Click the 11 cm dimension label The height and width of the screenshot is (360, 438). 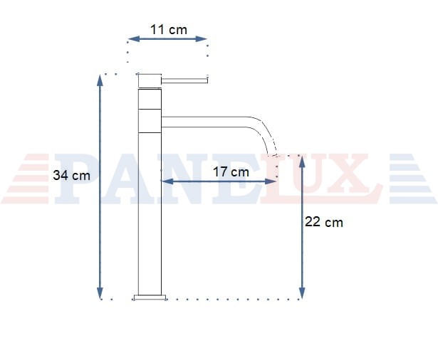[x=169, y=30]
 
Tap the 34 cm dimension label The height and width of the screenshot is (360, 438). [x=71, y=176]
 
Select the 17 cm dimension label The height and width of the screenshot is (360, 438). [x=231, y=172]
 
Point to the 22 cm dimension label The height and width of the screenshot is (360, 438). [x=324, y=222]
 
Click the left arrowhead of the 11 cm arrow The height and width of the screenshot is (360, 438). [x=133, y=39]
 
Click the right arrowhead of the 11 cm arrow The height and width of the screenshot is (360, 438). [x=201, y=39]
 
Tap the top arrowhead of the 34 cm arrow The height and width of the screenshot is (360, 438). [x=100, y=80]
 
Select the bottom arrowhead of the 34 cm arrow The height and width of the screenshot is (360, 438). [x=100, y=293]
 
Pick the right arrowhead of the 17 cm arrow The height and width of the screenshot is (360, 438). [x=271, y=181]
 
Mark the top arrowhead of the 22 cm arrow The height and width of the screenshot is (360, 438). [x=302, y=162]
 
